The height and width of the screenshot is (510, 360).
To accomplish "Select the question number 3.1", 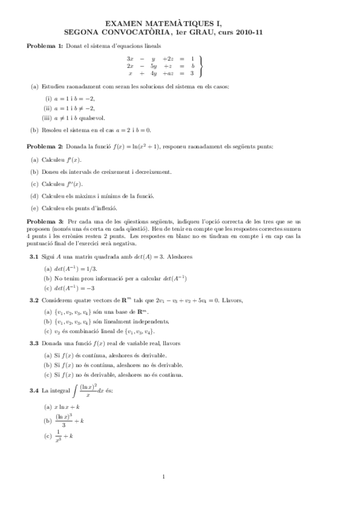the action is tap(34, 257).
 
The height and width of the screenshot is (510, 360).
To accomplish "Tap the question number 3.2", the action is tap(34, 300).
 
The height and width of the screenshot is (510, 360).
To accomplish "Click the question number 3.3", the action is tap(34, 343).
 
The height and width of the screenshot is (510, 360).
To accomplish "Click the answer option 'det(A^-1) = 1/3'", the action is tap(79, 268).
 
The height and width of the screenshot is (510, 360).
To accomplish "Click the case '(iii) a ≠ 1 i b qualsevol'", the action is tap(76, 118).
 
